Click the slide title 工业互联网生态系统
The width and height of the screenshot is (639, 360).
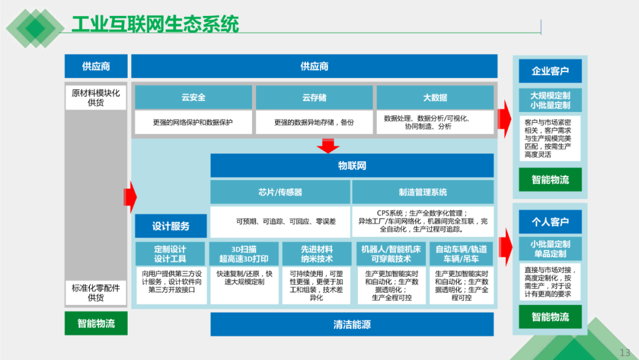point(155,24)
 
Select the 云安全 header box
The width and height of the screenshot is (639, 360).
point(193,98)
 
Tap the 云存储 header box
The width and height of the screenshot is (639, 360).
point(314,98)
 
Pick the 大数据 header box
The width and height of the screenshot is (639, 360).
point(435,98)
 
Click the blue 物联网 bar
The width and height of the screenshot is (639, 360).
point(351,166)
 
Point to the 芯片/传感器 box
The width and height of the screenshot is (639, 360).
point(280,192)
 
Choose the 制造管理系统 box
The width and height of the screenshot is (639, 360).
point(422,192)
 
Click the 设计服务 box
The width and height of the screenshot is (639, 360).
point(170,226)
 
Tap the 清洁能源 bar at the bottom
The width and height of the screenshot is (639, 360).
point(351,324)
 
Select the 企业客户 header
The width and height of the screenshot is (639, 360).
point(550,71)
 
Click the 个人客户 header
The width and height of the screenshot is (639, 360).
point(550,222)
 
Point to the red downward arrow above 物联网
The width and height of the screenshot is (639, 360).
point(328,146)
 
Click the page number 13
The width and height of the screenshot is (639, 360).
point(625,352)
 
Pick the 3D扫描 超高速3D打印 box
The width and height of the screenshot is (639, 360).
point(244,254)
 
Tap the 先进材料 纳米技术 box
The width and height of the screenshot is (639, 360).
point(317,254)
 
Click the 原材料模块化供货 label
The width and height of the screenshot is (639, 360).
point(96,98)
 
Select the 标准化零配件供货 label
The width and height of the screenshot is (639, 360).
point(96,292)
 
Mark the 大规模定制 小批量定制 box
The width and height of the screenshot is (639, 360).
point(550,101)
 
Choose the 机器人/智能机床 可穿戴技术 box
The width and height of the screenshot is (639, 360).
point(390,254)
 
